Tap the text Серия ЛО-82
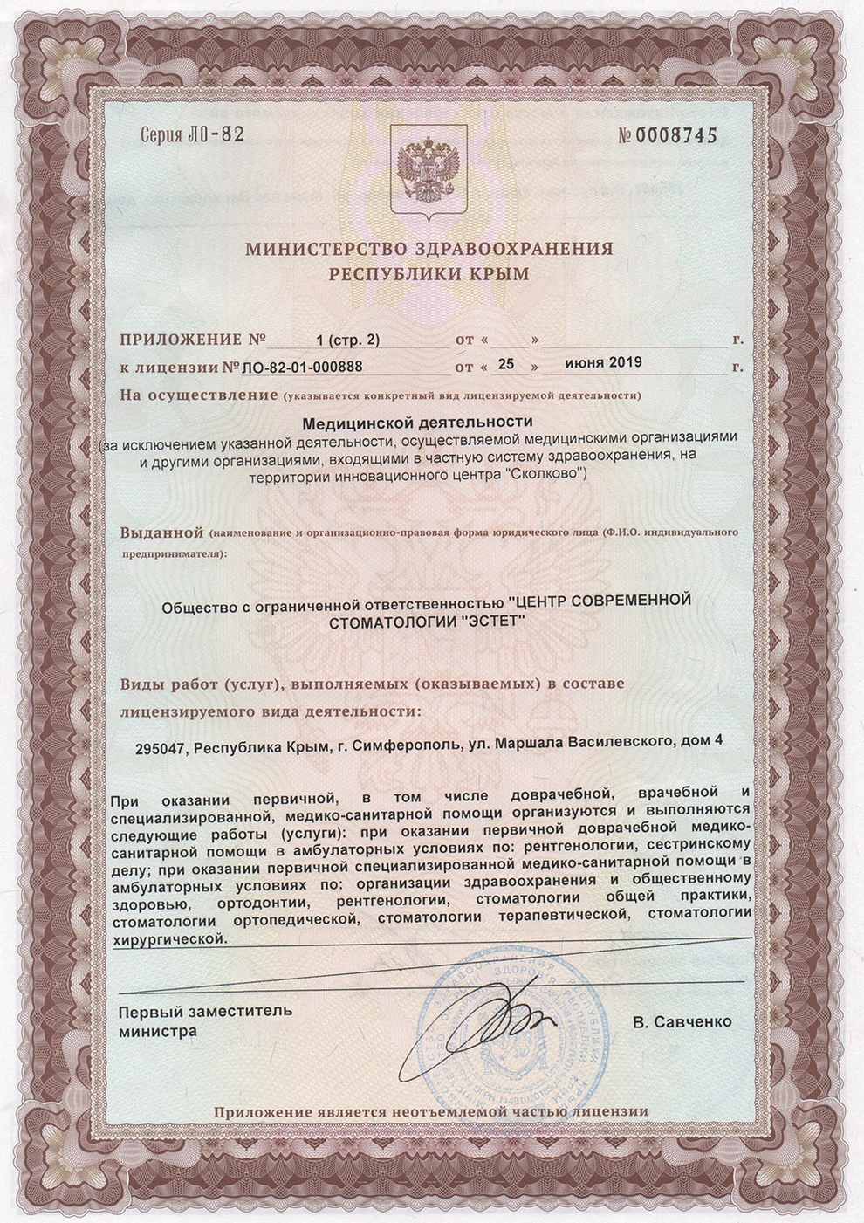coord(191,135)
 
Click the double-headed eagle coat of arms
coord(428,171)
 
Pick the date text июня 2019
coord(603,362)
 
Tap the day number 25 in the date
coord(509,363)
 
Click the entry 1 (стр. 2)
coord(348,338)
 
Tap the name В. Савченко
coord(683,1021)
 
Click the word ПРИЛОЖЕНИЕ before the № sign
coord(180,339)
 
